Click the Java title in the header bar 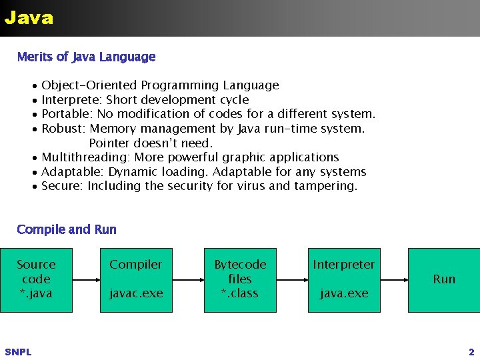pos(29,17)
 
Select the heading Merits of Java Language pos(86,57)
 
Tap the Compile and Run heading pos(67,229)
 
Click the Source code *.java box pos(36,279)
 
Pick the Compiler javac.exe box pos(136,279)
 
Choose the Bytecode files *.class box pos(240,279)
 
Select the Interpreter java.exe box pos(344,279)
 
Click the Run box pos(444,279)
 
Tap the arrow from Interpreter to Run pos(394,279)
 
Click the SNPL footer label pos(18,352)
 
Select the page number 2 pos(471,352)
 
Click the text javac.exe pos(136,293)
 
